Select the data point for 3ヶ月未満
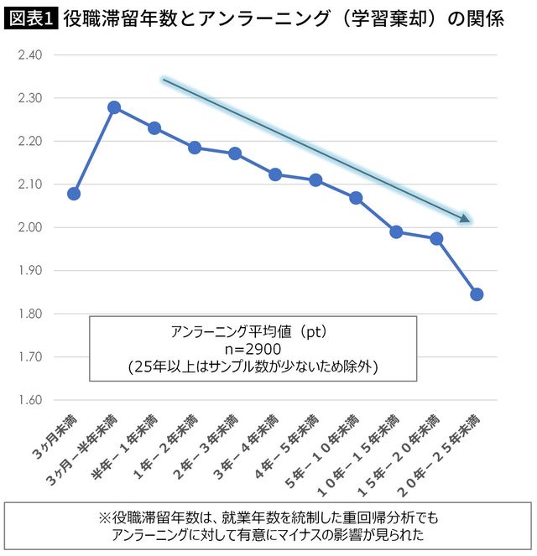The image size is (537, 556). [74, 194]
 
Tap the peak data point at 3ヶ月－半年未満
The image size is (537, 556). [114, 107]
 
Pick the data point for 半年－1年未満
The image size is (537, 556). [154, 128]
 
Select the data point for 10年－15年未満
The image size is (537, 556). [396, 232]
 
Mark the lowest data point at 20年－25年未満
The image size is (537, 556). [477, 294]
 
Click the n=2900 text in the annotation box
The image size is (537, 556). [252, 349]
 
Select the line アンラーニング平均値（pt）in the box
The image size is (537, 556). [252, 332]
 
